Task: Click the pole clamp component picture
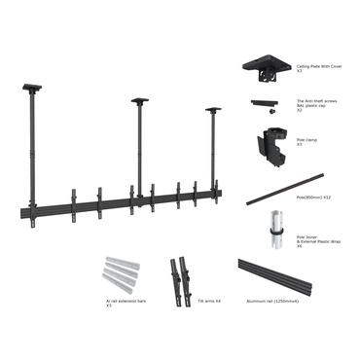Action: [x=268, y=142]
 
